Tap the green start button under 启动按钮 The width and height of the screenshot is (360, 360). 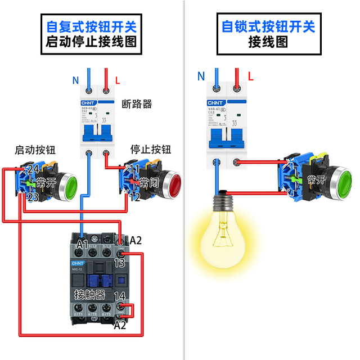click(69, 183)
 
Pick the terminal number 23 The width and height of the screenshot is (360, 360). click(33, 197)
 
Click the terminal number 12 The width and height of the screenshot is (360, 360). click(134, 197)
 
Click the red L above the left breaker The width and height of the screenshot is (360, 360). click(116, 79)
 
